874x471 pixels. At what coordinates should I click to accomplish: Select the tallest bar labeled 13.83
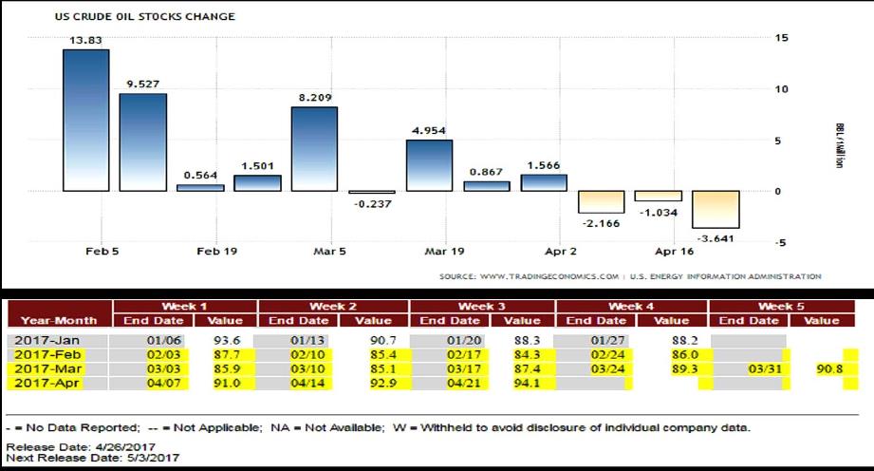pyautogui.click(x=85, y=119)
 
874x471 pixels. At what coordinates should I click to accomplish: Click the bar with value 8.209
pyautogui.click(x=314, y=148)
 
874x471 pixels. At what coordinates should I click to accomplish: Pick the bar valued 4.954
pyautogui.click(x=429, y=165)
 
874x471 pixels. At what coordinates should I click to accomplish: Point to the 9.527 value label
pyautogui.click(x=142, y=83)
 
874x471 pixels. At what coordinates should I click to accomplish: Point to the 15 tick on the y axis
pyautogui.click(x=781, y=38)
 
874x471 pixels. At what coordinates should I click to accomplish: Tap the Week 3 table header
pyautogui.click(x=482, y=307)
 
